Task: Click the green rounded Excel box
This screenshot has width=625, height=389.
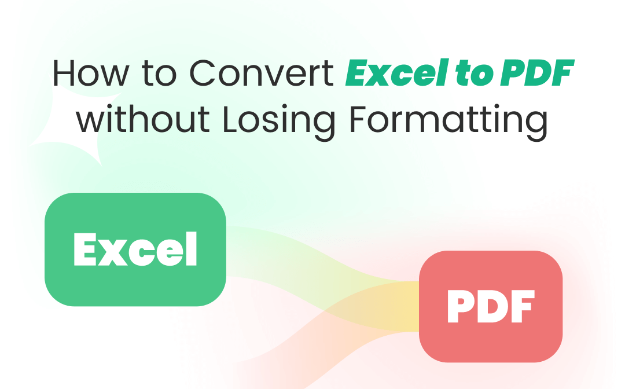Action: tap(135, 249)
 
